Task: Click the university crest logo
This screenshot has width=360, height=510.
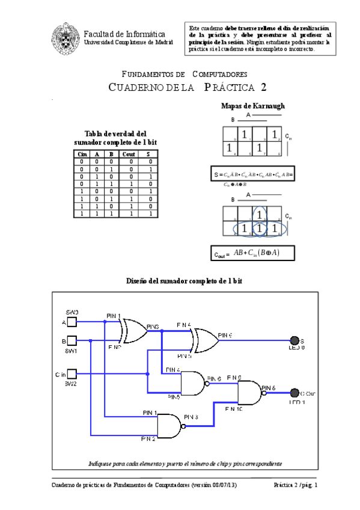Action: pyautogui.click(x=64, y=37)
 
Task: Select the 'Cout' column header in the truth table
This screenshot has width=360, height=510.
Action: pyautogui.click(x=129, y=154)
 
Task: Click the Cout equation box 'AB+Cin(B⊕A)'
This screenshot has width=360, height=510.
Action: pyautogui.click(x=245, y=253)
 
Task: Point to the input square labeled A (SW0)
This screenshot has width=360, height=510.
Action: pyautogui.click(x=71, y=322)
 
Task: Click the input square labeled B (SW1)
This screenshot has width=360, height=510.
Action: pyautogui.click(x=71, y=341)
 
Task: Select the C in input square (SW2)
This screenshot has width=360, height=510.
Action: pyautogui.click(x=71, y=373)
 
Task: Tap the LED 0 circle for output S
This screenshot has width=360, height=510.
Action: pyautogui.click(x=294, y=340)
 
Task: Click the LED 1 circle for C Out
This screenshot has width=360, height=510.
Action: pyautogui.click(x=294, y=393)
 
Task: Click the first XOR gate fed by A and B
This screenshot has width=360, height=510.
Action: pyautogui.click(x=133, y=331)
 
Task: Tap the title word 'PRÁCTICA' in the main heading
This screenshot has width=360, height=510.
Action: pyautogui.click(x=235, y=87)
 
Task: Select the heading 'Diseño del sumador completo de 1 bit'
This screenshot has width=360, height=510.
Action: pyautogui.click(x=185, y=281)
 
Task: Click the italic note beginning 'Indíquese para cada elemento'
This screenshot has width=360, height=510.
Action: pyautogui.click(x=185, y=464)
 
